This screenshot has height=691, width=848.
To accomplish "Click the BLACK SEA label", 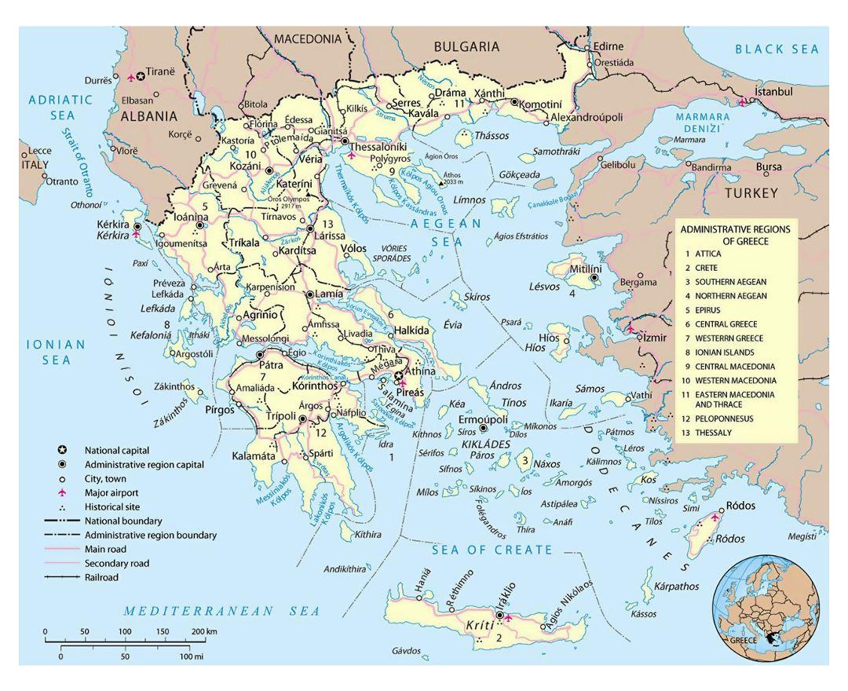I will pyautogui.click(x=777, y=49).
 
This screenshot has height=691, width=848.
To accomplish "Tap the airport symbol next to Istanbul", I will pyautogui.click(x=743, y=101).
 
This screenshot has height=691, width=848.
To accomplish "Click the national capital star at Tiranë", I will pyautogui.click(x=141, y=76).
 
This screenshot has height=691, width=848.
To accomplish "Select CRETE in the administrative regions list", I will pyautogui.click(x=707, y=268).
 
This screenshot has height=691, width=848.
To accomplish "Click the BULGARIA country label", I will pyautogui.click(x=466, y=46).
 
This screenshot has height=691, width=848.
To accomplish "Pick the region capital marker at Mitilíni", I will pyautogui.click(x=594, y=277).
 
